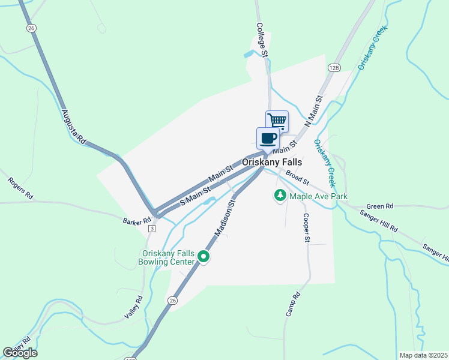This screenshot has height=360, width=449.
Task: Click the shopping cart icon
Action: pos(277,121)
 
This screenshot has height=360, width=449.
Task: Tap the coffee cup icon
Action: pos(268,138)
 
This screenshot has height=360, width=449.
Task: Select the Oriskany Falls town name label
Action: pos(272,162)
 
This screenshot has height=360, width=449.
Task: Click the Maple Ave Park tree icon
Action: pos(280,196)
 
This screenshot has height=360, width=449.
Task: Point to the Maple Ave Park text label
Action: pos(318,196)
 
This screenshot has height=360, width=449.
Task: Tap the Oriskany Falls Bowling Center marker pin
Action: pos(203,257)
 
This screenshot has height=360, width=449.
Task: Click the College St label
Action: pos(261,40)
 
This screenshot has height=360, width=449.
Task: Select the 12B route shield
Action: pos(334,68)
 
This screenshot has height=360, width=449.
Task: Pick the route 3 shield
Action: pos(152,229)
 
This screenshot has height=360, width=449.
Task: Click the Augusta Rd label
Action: pos(74,127)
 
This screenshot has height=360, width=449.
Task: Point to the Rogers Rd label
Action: pos(20,188)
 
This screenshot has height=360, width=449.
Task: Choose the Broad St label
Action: pos(297,178)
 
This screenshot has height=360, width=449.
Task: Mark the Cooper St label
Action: pos(306,228)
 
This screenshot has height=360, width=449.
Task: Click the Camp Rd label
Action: pos(292,305)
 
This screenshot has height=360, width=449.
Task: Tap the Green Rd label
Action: pos(379,206)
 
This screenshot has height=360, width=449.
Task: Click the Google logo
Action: pos(20,353)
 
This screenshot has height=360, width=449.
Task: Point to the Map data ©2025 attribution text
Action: pos(424,355)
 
